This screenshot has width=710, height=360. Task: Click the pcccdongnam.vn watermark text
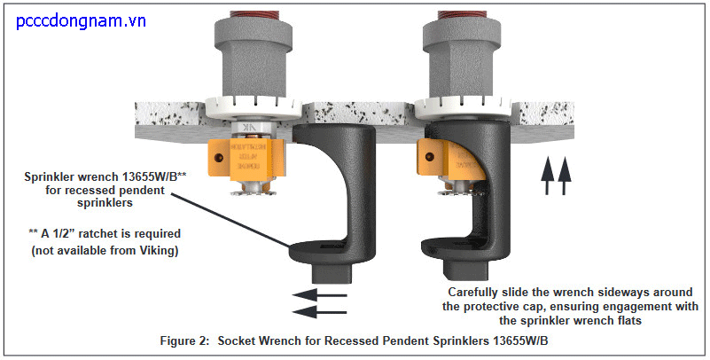[x=82, y=20]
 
